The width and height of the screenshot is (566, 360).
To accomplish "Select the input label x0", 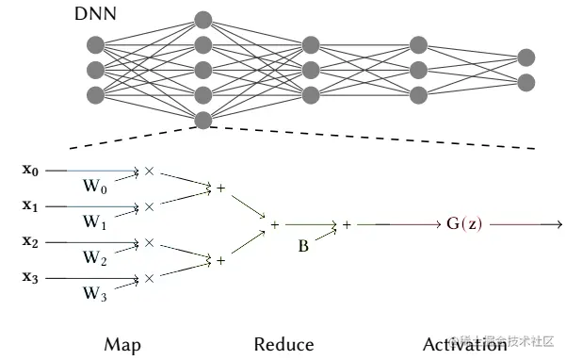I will (x=31, y=171).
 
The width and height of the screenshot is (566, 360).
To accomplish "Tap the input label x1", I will (x=31, y=205).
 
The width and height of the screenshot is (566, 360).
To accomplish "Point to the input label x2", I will (x=31, y=241).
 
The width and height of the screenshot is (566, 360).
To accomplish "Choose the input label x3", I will (x=31, y=277).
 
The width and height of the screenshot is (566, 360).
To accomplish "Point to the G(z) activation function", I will (x=465, y=224).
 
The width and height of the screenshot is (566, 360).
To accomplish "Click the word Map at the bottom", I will (x=122, y=345).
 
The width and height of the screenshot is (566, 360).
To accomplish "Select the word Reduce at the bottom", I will (x=283, y=345).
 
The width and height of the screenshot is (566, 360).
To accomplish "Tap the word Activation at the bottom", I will (x=464, y=345).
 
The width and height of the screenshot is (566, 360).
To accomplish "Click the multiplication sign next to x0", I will (x=149, y=172).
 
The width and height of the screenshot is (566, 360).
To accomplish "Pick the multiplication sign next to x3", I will (x=149, y=278).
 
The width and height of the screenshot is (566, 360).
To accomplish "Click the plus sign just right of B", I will (x=347, y=225).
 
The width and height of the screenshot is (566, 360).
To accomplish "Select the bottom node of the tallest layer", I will (x=202, y=119).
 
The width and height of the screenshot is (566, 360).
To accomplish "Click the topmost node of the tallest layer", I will (x=202, y=20).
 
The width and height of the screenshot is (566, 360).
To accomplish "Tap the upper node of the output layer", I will (x=526, y=57).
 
